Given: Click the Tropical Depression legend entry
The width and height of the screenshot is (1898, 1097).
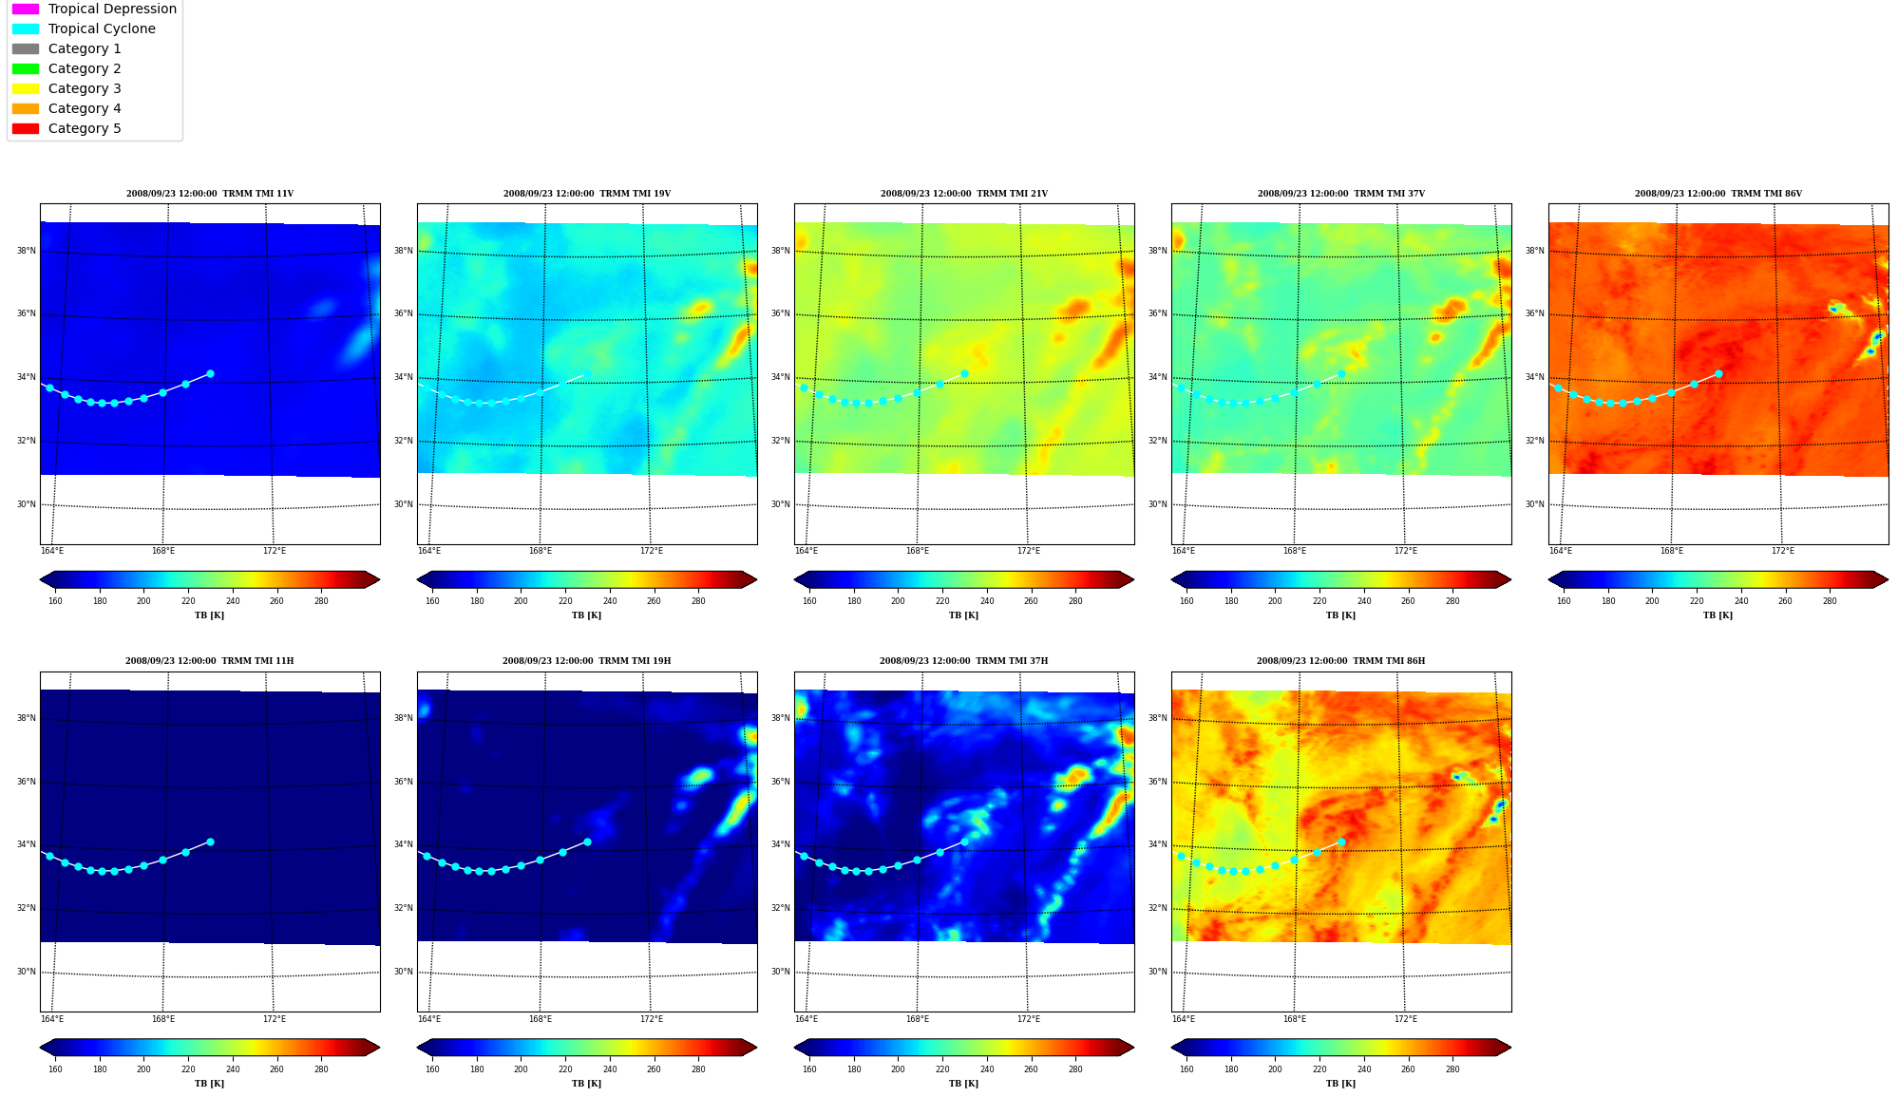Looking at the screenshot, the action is point(94,9).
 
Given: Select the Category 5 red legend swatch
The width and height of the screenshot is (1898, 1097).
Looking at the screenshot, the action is point(26,128).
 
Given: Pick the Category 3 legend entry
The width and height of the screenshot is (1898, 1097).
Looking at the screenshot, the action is point(66,88).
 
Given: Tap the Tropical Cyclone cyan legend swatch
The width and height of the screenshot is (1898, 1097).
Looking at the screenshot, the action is point(26,28).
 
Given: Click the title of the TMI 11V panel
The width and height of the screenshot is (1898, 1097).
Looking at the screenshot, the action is point(210,194).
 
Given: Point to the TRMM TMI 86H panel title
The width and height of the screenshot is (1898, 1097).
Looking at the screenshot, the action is point(1340,661).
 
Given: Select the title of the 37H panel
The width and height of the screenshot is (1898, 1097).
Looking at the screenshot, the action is point(963,661).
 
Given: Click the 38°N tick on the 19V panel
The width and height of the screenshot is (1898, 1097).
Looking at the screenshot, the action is point(404,251).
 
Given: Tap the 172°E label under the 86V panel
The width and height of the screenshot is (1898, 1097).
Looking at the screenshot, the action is point(1782,551).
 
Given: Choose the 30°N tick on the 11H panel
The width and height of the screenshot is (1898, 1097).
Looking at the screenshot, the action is point(27,972).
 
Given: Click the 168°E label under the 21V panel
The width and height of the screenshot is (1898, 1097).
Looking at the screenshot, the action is point(917,551).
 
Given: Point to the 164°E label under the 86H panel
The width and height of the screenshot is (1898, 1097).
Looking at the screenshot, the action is point(1183,1019).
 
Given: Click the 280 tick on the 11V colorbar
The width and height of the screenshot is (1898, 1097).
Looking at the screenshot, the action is point(321,601).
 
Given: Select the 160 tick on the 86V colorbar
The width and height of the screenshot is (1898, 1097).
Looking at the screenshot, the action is point(1564,601).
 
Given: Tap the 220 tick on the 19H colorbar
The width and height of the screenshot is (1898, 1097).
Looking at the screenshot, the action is point(565,1069).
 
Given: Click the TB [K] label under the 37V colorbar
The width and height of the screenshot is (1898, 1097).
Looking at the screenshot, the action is point(1340,615).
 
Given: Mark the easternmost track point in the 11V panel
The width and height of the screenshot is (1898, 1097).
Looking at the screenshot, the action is point(210,373).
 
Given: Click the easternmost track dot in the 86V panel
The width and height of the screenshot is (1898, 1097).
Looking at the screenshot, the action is point(1718,373).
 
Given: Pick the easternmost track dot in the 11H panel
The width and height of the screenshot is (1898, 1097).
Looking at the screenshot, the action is point(210,842).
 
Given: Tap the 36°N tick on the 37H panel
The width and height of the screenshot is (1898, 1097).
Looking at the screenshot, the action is point(781,782).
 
